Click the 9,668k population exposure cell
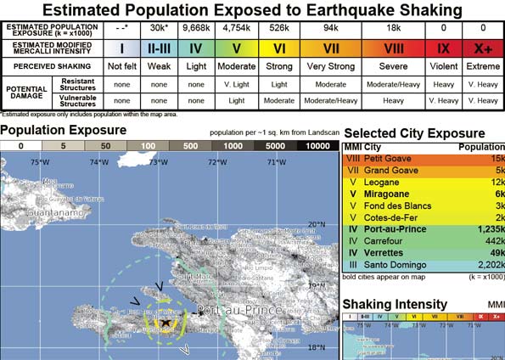195,28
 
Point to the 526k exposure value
281,28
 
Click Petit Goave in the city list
387,157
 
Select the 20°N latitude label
316,224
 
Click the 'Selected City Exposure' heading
414,134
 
